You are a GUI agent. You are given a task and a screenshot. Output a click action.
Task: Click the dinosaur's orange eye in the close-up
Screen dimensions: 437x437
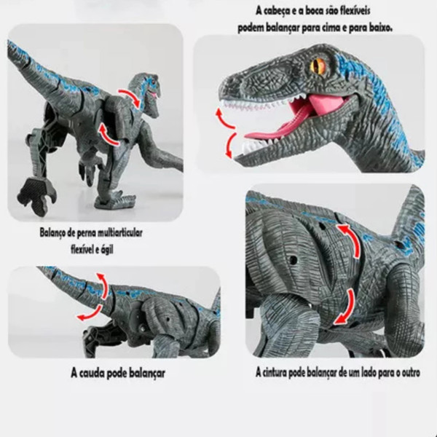click(x=318, y=66)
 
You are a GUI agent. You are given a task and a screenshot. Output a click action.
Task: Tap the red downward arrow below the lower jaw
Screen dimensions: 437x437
click(x=230, y=145)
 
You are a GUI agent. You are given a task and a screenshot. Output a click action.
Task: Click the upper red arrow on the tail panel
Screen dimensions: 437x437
click(x=104, y=285)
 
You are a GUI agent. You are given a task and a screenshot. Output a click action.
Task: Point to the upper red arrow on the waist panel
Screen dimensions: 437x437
click(x=352, y=239)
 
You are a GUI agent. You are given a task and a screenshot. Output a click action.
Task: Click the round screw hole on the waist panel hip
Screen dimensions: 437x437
click(x=293, y=260)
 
